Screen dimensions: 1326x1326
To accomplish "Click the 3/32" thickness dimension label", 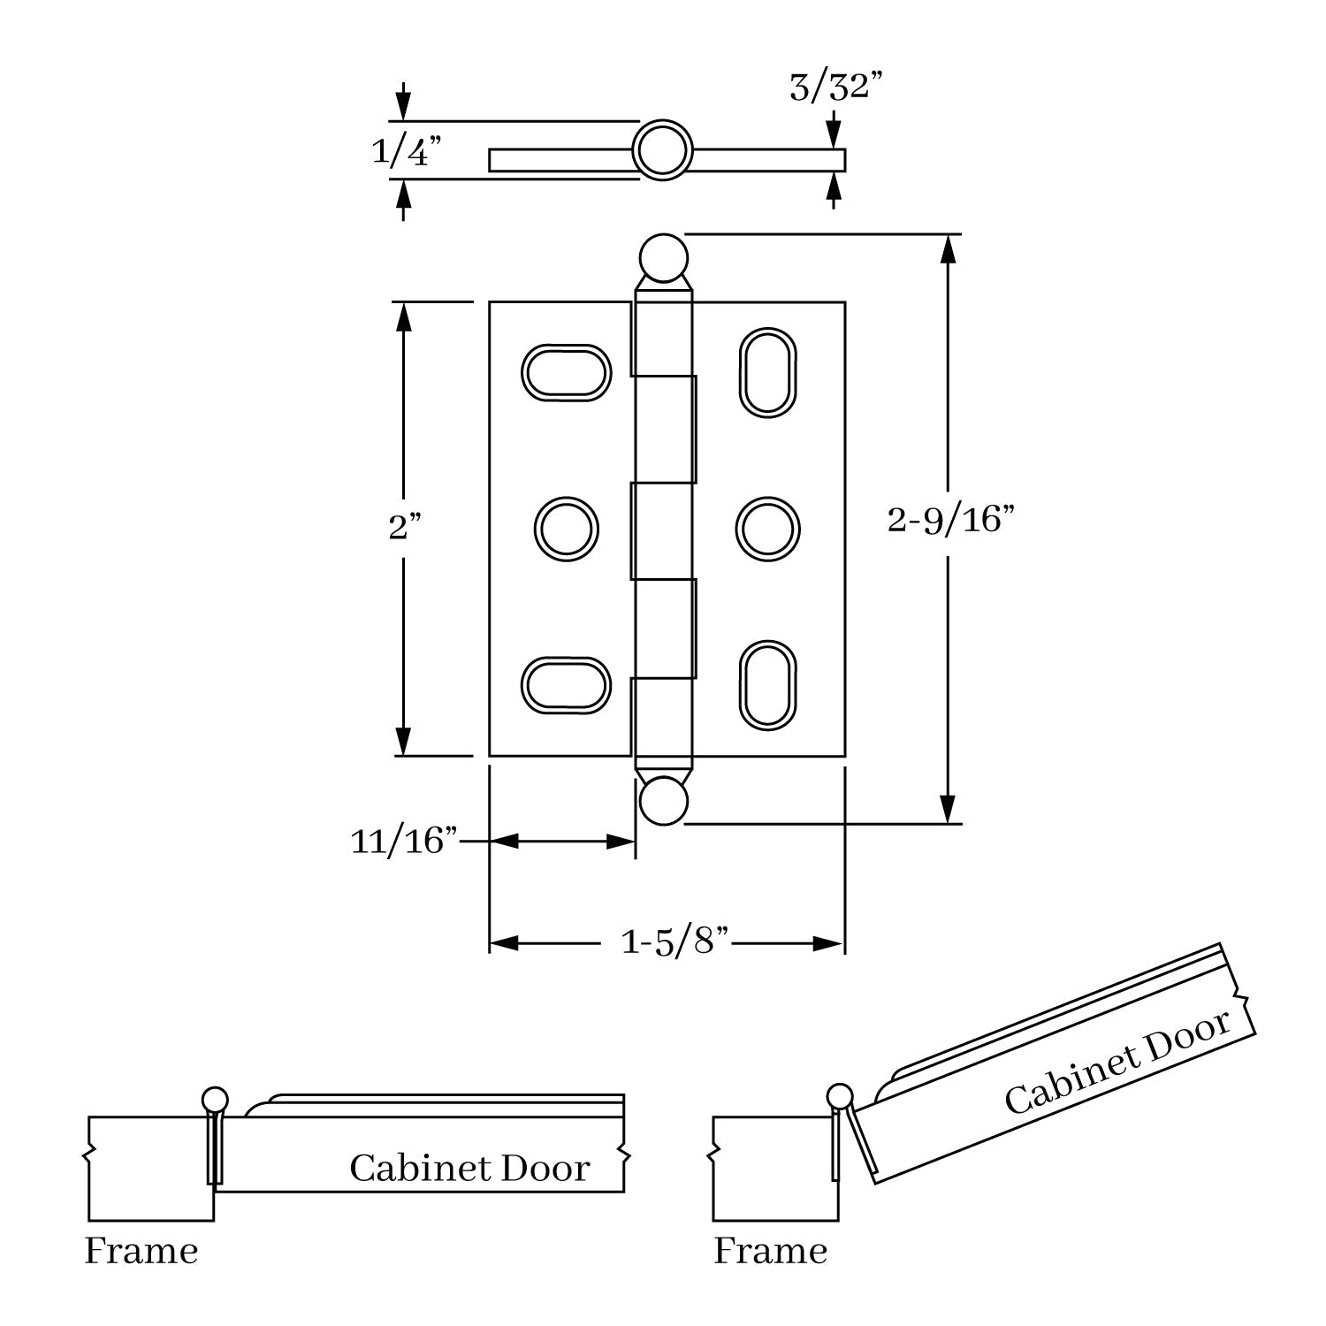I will tap(835, 88).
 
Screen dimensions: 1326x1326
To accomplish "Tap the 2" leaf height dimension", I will tap(404, 528).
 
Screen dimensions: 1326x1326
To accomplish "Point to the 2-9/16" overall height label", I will tap(949, 520).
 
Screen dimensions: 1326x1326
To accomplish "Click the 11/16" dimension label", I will tap(404, 841).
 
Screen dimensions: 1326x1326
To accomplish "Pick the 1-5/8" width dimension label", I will tap(675, 942).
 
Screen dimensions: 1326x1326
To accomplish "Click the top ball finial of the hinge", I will tap(662, 256).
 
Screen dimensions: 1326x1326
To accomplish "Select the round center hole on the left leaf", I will tap(566, 529).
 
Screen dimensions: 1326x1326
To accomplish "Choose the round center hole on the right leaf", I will tap(767, 529).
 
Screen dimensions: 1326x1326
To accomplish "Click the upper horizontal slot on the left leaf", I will tap(566, 372).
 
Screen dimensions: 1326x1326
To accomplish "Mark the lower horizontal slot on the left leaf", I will tap(566, 685).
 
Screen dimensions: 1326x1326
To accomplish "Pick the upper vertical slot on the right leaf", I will tap(767, 372).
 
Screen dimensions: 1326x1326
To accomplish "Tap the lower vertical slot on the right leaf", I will tap(767, 685).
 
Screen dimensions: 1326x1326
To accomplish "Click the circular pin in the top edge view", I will tap(662, 150).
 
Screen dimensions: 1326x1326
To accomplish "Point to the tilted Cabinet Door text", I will tap(1117, 1063).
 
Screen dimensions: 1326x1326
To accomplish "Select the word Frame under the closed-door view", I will tap(141, 1251).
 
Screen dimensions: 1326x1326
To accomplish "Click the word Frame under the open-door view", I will tap(770, 1251).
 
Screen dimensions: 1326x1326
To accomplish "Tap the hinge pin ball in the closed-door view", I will tap(215, 1100).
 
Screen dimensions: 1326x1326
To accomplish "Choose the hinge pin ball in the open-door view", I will tap(840, 1097).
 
